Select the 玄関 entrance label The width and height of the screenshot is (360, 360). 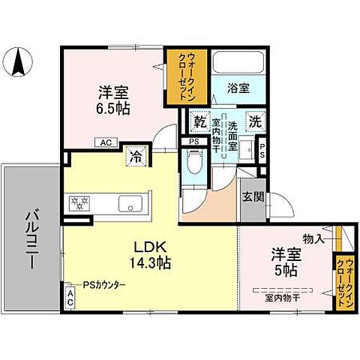(250, 197)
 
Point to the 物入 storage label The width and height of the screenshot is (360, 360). (313, 238)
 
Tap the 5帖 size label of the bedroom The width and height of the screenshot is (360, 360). (286, 269)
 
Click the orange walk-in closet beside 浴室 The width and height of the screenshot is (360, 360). (180, 76)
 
